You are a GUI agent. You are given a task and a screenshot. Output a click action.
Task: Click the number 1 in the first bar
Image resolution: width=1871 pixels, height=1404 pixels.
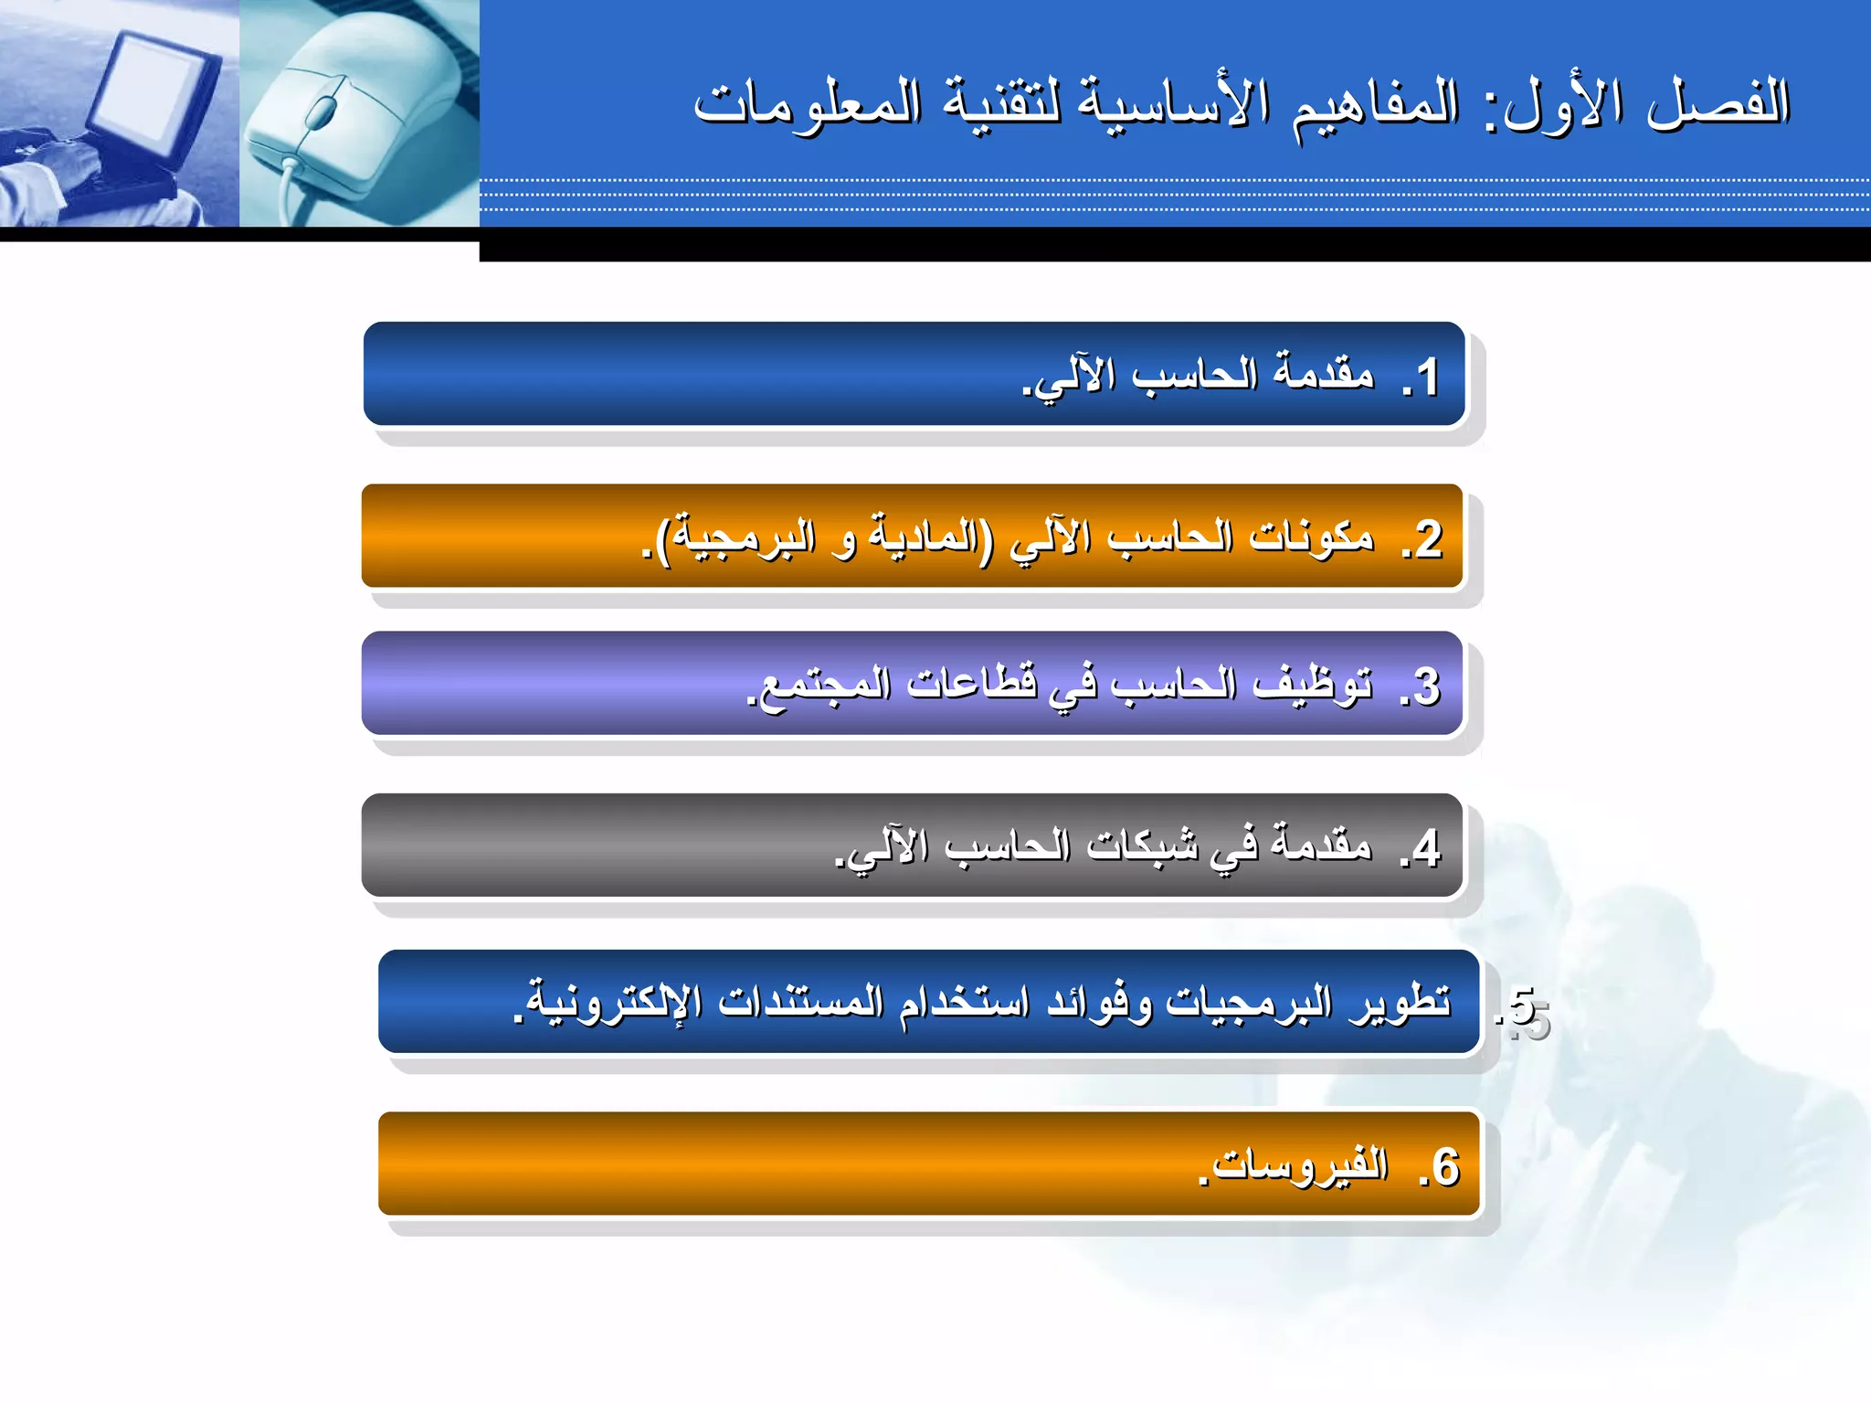tap(1427, 378)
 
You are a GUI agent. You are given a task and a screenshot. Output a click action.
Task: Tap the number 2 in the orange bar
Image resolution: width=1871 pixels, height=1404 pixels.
tap(1428, 539)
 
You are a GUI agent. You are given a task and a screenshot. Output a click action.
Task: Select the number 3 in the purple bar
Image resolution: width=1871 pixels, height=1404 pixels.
tap(1426, 686)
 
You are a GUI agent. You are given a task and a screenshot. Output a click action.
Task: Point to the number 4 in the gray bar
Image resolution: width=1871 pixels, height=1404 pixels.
tap(1426, 848)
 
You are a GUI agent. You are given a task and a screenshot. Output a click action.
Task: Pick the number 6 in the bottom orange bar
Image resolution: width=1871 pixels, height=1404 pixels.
tap(1445, 1167)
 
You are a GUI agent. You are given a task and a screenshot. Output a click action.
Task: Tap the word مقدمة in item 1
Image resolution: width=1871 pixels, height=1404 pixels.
tap(1324, 373)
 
